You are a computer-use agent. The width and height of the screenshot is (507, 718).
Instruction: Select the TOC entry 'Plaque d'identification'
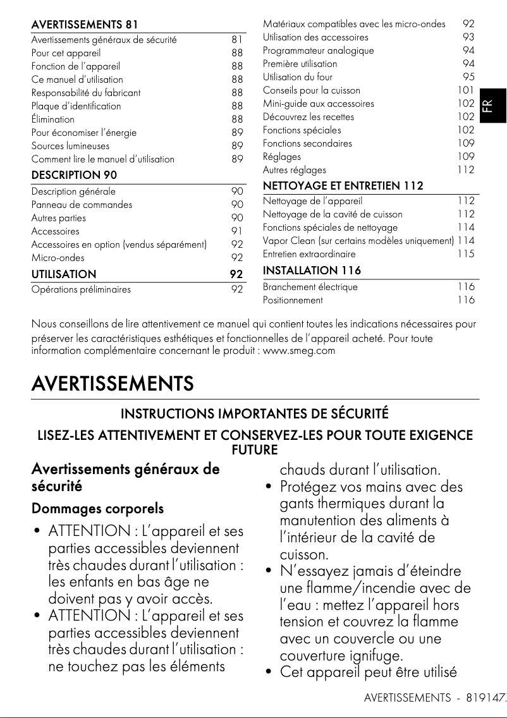76,106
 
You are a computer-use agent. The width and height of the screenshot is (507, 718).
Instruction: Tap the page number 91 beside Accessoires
237,231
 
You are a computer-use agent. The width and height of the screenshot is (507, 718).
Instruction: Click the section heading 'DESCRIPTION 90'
74,175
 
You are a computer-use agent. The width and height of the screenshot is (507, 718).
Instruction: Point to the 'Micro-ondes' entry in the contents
58,258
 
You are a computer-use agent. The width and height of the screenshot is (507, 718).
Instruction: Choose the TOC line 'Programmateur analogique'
318,51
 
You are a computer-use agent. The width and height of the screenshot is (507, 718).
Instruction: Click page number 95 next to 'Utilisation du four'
468,77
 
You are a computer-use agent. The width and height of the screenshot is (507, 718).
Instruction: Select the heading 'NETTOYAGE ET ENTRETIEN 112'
343,186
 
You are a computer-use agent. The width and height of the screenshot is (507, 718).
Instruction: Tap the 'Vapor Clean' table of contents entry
358,241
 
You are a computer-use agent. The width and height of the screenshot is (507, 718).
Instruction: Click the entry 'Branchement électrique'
310,287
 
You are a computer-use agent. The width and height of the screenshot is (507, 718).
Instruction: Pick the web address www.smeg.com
298,350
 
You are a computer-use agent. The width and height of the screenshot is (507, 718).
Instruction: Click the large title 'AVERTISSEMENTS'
113,384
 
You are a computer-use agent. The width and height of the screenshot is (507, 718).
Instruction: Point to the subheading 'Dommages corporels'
97,508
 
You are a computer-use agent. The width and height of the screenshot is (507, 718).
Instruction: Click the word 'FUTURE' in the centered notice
255,450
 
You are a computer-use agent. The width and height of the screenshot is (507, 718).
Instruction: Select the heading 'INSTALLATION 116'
312,271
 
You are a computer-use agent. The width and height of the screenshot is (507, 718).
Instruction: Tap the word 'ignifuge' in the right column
376,656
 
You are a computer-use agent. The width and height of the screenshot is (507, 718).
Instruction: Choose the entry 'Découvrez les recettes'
308,117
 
